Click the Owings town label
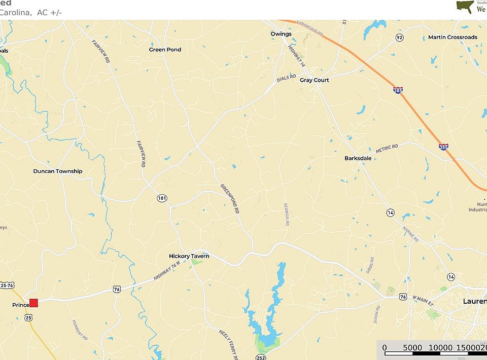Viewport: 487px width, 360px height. [x=281, y=34]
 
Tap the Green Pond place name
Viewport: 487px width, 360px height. [x=165, y=50]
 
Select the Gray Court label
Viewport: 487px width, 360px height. [x=314, y=80]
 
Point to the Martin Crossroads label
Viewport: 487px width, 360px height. [x=453, y=37]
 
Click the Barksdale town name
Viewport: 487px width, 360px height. [x=358, y=158]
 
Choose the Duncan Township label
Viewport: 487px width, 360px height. [x=58, y=171]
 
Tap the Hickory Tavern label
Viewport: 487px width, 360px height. [x=189, y=257]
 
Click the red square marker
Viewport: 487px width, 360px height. [x=33, y=303]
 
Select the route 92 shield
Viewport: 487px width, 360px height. [x=400, y=38]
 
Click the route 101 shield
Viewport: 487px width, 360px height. [x=162, y=198]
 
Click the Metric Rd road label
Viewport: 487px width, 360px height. [x=387, y=149]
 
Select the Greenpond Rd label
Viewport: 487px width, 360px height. [x=230, y=198]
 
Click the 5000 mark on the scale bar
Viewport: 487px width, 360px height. [x=412, y=347]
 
